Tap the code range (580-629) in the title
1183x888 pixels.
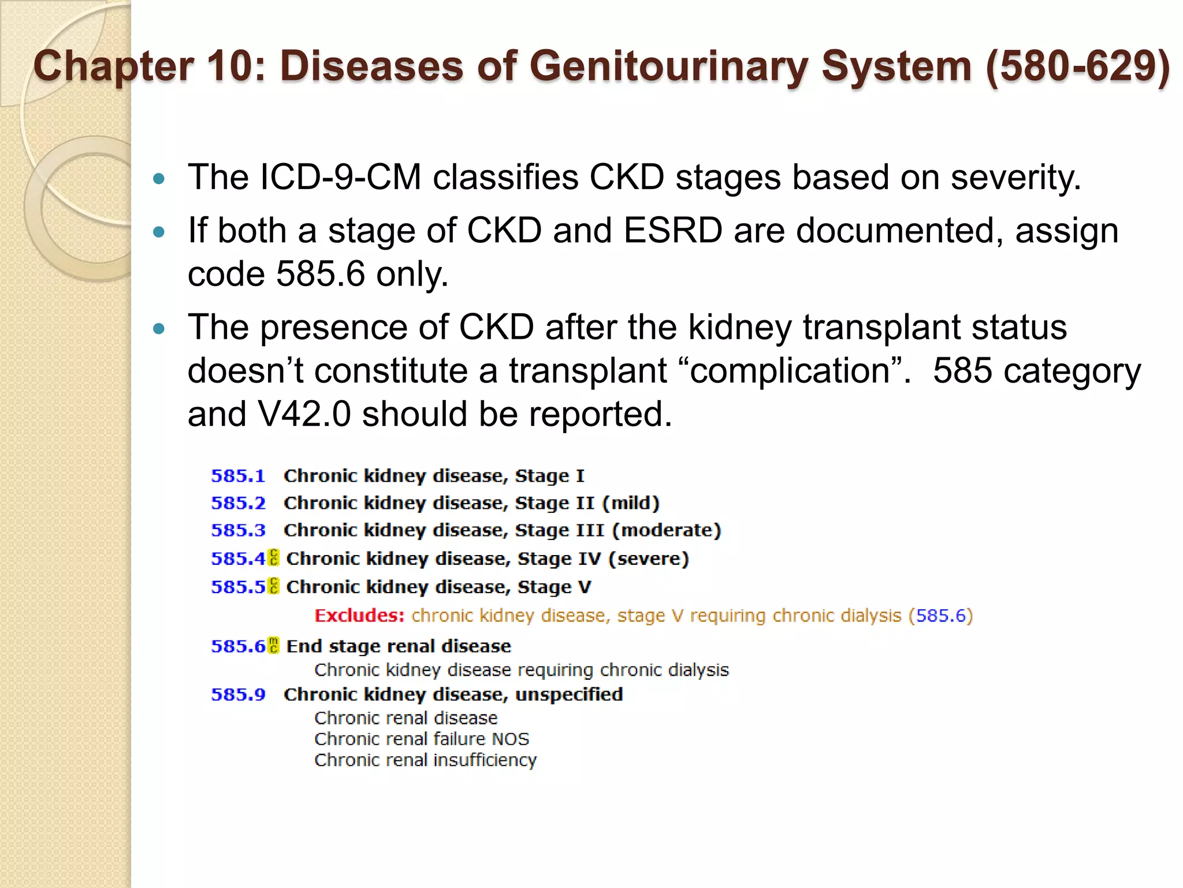click(x=1077, y=66)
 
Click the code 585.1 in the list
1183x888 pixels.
click(x=238, y=476)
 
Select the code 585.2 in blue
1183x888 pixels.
click(x=238, y=503)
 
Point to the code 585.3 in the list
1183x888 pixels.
click(x=238, y=530)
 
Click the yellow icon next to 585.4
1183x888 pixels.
click(x=274, y=558)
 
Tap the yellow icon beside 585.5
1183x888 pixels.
click(x=274, y=586)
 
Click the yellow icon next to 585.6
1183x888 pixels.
click(x=274, y=645)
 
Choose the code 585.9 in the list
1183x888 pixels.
click(x=238, y=694)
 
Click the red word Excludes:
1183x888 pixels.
click(x=359, y=615)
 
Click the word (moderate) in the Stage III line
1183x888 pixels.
click(x=667, y=530)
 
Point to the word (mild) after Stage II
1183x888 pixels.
click(x=631, y=503)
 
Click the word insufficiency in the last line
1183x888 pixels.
click(x=485, y=760)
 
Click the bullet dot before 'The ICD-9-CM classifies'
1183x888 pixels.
click(x=159, y=178)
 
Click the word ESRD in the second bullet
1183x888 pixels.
click(x=673, y=230)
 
